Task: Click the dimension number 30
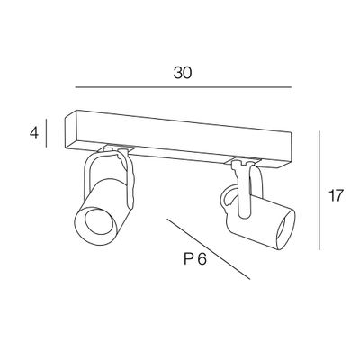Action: coord(183,73)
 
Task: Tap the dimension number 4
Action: coord(34,133)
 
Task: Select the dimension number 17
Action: coord(335,195)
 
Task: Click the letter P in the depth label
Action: coord(188,259)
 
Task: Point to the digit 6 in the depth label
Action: coord(202,259)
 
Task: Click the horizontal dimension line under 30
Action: coord(184,87)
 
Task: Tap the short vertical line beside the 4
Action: coord(46,133)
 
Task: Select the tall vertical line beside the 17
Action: coord(319,190)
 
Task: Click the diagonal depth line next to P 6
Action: coord(209,249)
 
